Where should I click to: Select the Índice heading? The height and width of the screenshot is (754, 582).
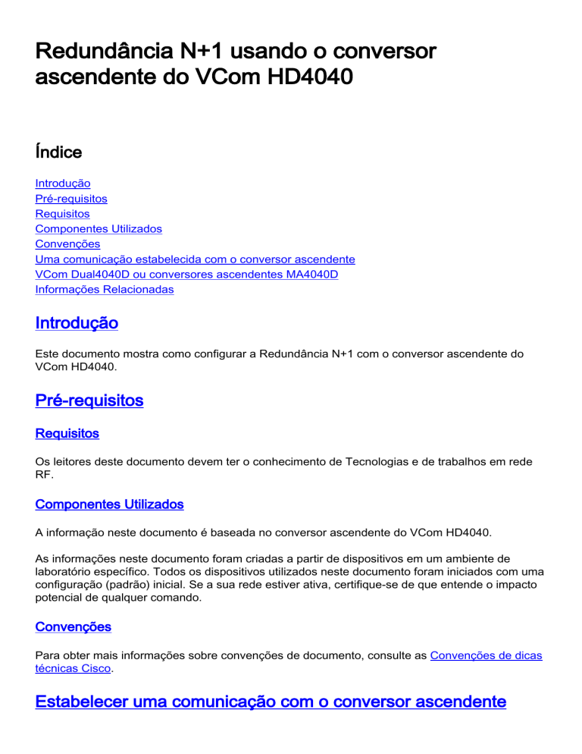click(58, 152)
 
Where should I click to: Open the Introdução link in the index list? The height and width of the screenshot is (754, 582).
click(63, 184)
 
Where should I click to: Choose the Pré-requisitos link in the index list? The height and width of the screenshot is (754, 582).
click(71, 199)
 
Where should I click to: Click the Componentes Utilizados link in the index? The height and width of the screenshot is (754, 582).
click(99, 228)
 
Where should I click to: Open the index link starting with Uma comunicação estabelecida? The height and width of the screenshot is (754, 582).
click(195, 259)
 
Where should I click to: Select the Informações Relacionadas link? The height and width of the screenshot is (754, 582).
click(105, 289)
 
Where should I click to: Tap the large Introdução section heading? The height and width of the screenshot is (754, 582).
click(77, 323)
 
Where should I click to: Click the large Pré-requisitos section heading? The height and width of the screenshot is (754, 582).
click(89, 400)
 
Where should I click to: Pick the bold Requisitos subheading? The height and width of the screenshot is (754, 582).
click(67, 434)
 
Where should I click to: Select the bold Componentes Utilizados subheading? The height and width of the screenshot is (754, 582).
click(109, 504)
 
